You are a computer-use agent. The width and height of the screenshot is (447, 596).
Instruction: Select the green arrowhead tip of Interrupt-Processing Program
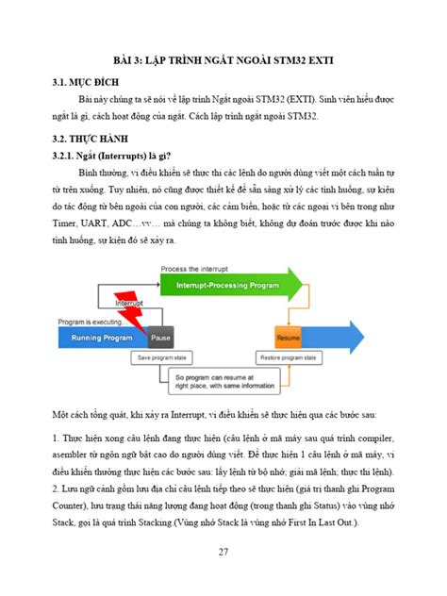tap(300, 286)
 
